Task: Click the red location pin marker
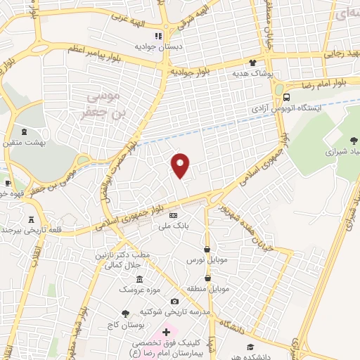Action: tap(181, 165)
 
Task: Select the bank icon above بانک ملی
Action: tap(173, 216)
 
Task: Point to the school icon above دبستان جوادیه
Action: tap(158, 36)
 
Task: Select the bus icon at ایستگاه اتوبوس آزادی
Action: tap(288, 98)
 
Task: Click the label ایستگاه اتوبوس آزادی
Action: tap(287, 109)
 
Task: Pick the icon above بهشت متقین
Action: tap(25, 131)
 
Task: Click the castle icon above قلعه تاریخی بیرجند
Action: tap(31, 219)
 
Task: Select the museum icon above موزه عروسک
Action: tap(139, 278)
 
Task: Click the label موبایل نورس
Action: tap(207, 259)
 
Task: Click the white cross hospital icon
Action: tap(166, 332)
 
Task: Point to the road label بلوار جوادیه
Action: tap(191, 72)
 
